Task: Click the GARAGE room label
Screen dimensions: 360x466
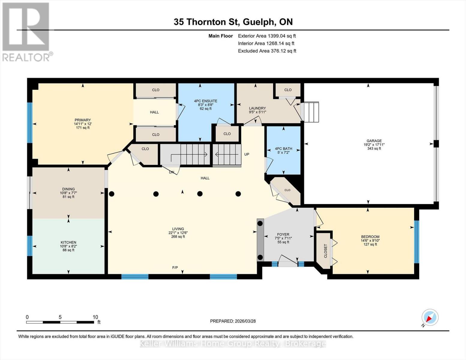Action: [x=374, y=141]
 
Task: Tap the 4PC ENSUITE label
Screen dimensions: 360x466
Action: [x=206, y=101]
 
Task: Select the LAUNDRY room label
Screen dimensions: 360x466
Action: [x=257, y=108]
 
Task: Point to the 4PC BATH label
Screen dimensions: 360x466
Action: [x=283, y=148]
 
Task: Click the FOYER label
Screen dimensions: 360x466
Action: [x=283, y=235]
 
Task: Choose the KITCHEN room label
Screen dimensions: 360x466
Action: [x=68, y=242]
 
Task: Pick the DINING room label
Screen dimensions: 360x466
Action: [x=68, y=189]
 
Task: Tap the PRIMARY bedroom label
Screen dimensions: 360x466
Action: [x=83, y=120]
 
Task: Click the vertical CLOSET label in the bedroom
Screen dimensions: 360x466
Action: [x=326, y=251]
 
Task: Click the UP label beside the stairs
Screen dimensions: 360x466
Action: [x=247, y=154]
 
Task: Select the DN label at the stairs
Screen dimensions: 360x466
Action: [x=171, y=172]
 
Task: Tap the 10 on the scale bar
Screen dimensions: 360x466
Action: [x=95, y=317]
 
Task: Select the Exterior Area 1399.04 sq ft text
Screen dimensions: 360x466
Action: [x=267, y=36]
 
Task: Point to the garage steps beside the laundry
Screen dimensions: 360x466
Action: [x=311, y=112]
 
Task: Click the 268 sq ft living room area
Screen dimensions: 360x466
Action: [x=178, y=236]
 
